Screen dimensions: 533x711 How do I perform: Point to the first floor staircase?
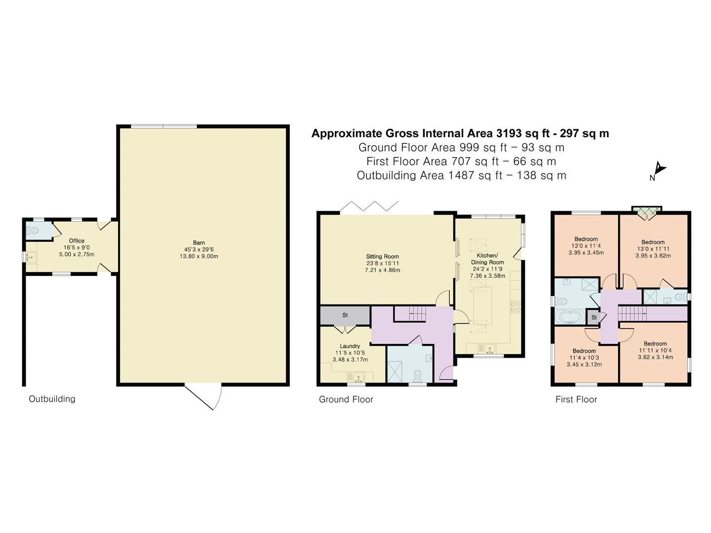point(632,313)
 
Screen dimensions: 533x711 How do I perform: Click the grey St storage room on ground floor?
point(345,315)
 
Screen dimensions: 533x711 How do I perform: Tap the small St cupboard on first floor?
point(594,317)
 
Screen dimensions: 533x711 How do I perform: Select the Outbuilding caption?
point(52,399)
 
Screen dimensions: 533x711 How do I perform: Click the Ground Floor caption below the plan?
point(346,399)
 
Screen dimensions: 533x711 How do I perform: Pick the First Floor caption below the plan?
point(576,399)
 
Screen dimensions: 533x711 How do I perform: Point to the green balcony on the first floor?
point(647,212)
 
